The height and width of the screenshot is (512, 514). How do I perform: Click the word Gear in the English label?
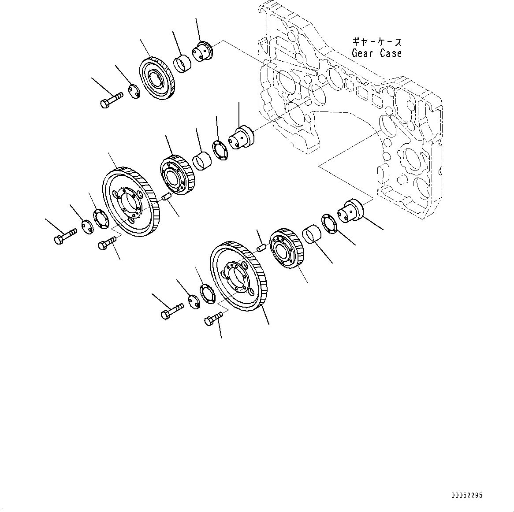pyautogui.click(x=362, y=53)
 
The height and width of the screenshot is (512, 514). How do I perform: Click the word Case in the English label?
pyautogui.click(x=391, y=53)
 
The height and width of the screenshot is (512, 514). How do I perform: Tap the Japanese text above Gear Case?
pyautogui.click(x=376, y=42)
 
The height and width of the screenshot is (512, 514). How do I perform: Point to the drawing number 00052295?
pyautogui.click(x=466, y=495)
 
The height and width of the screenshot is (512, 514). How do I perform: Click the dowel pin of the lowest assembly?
pyautogui.click(x=260, y=248)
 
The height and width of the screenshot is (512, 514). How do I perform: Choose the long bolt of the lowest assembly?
pyautogui.click(x=172, y=312)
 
